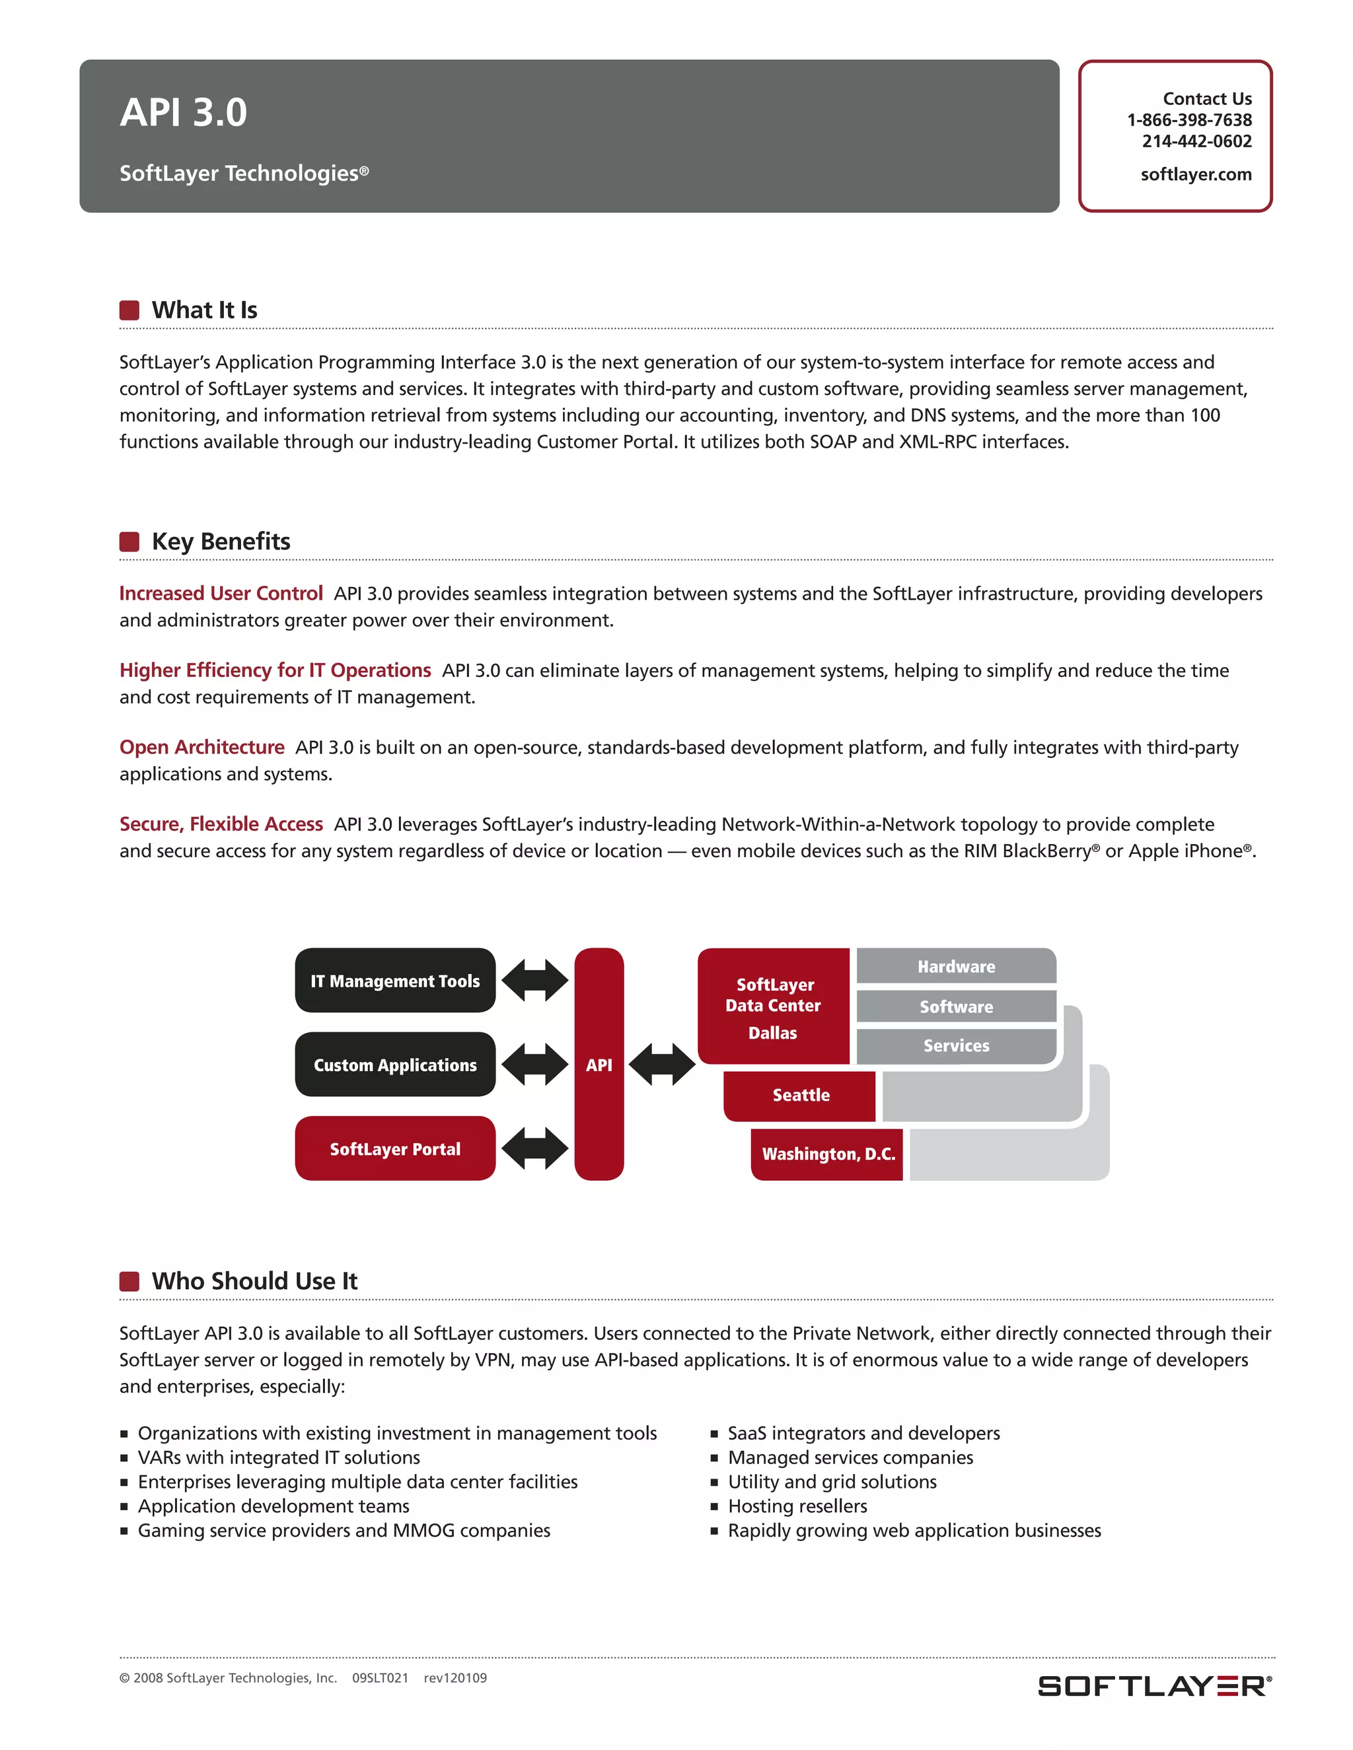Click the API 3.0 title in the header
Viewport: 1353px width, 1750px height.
coord(184,112)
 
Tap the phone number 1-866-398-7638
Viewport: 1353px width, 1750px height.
coord(1188,120)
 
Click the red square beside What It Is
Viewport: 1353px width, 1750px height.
coord(129,310)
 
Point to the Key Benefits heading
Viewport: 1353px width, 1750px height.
coord(221,542)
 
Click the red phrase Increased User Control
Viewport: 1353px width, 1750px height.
coord(221,594)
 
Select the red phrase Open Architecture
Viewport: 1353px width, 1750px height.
coord(202,748)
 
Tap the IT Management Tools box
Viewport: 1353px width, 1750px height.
coord(395,981)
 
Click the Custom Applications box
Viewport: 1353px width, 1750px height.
coord(395,1065)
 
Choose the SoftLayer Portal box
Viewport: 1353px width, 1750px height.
coord(395,1149)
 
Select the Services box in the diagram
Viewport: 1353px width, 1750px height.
coord(956,1045)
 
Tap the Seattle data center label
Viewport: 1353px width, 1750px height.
coord(801,1096)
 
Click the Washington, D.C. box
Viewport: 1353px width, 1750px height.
coord(828,1154)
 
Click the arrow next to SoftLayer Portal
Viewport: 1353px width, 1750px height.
coord(534,1148)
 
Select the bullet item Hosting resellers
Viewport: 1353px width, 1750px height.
coord(797,1506)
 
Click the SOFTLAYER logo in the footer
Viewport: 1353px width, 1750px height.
coord(1153,1685)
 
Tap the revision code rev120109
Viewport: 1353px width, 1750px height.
coord(455,1678)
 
